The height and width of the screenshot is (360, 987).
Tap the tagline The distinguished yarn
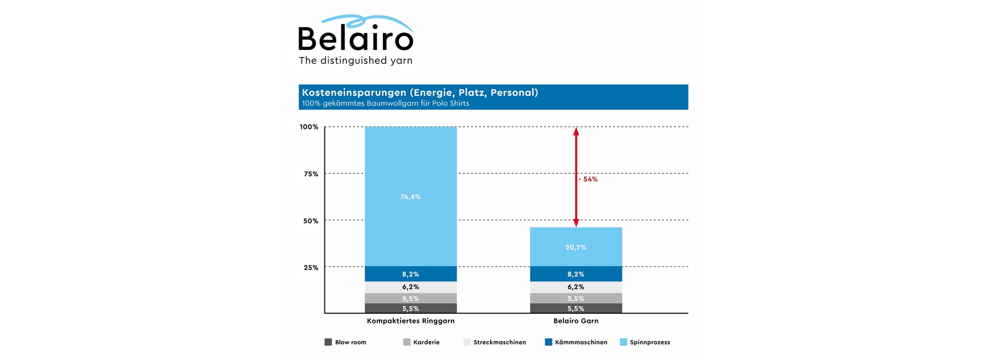(x=356, y=61)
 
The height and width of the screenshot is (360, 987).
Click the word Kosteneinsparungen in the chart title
(x=354, y=93)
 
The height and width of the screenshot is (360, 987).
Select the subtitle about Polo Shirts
(x=386, y=103)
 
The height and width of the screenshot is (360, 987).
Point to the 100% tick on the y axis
(x=309, y=127)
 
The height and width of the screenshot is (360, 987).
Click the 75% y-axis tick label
(x=311, y=174)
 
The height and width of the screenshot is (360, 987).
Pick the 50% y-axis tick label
(x=311, y=221)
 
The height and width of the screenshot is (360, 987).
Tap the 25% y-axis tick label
(x=311, y=267)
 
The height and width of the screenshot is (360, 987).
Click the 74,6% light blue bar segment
(x=411, y=196)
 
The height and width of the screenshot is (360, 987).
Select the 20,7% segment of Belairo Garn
(x=576, y=247)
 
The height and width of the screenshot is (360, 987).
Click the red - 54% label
(x=589, y=179)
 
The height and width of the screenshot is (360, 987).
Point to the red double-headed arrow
(x=576, y=154)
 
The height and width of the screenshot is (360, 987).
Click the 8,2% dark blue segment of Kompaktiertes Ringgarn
(x=411, y=274)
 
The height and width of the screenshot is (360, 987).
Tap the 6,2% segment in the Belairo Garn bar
(x=576, y=287)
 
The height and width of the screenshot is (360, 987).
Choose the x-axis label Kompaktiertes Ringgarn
(x=411, y=320)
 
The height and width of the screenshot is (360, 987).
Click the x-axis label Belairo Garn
(x=576, y=320)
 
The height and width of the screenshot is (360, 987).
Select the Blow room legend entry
(x=346, y=342)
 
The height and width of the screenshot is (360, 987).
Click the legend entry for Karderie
(x=422, y=342)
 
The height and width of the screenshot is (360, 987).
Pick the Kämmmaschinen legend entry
(x=576, y=342)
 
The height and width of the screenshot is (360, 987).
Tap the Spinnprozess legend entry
(x=645, y=342)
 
